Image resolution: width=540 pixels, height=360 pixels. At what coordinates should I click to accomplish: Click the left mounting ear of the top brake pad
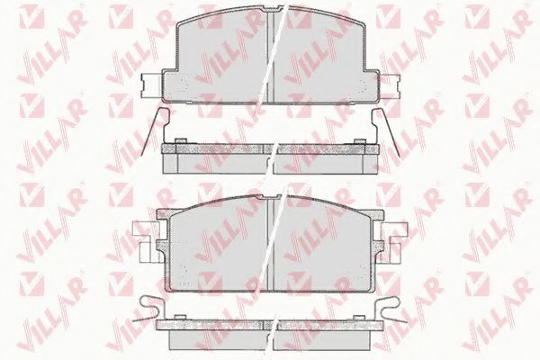point(151,86)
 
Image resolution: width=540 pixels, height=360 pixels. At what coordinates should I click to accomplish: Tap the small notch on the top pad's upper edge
point(270,8)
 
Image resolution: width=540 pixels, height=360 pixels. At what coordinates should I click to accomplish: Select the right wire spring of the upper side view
point(385,130)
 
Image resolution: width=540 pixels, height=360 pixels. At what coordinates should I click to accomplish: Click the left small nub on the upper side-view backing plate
point(181,140)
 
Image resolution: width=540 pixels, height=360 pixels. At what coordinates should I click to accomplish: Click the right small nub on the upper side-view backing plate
point(360,140)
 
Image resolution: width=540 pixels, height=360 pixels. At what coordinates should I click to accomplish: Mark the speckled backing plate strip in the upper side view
point(270,148)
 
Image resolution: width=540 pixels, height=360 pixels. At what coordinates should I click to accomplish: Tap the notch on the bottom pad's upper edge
point(270,197)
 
